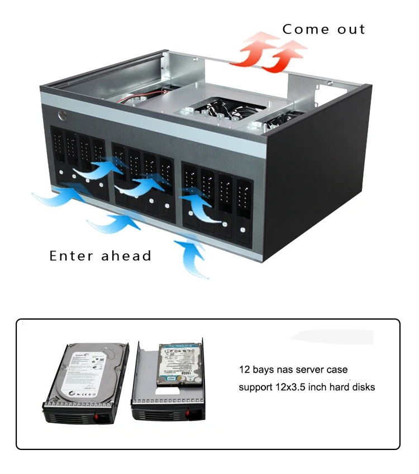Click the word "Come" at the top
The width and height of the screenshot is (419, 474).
coord(305,29)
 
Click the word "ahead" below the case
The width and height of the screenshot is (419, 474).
coord(126,256)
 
